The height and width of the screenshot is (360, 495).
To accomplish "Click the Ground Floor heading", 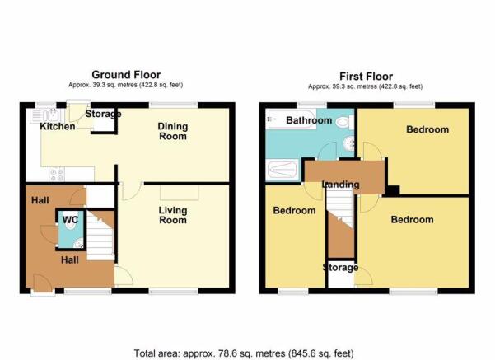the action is click(126, 75).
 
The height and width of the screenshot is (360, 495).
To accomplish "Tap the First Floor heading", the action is click(366, 77).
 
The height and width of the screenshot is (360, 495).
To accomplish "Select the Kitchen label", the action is click(58, 126).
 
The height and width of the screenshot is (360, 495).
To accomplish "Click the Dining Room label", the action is click(173, 131).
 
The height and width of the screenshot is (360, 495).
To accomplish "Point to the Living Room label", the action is click(173, 215).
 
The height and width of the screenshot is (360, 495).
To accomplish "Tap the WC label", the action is click(70, 220).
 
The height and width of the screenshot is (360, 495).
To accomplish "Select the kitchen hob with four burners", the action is click(57, 175).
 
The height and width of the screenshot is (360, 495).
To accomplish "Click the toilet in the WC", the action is click(72, 217).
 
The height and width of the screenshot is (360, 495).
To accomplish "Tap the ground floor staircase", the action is click(100, 236).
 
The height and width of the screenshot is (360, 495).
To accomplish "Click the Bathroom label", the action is click(309, 120).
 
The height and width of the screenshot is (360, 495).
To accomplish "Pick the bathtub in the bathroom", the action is click(291, 119).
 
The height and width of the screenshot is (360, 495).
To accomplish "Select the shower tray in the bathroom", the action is click(282, 170).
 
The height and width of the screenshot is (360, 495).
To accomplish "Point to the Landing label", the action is click(341, 185).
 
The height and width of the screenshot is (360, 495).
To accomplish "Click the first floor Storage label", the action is click(340, 268).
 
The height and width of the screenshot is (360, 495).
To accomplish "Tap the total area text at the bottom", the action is click(244, 353).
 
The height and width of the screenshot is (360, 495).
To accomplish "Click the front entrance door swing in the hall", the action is click(42, 283).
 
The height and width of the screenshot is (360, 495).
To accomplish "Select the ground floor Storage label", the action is click(103, 114).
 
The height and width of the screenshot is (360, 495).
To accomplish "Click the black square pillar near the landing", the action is click(394, 190).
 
